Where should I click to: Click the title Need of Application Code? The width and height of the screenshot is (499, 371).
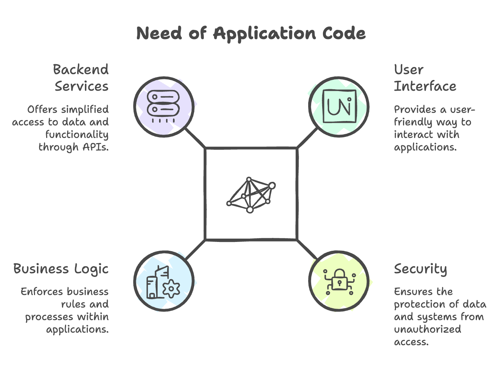(251, 34)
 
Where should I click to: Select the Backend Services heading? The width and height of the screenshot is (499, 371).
(81, 78)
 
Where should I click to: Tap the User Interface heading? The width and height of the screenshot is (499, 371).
(425, 78)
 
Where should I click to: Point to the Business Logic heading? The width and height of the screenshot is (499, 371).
(61, 269)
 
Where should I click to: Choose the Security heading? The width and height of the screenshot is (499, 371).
(420, 269)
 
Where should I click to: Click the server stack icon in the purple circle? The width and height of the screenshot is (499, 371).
(164, 106)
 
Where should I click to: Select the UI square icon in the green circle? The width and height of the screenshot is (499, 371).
(340, 106)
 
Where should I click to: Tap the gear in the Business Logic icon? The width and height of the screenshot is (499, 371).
(171, 289)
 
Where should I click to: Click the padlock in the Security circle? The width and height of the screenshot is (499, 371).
(340, 280)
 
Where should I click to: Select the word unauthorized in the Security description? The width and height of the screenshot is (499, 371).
(427, 330)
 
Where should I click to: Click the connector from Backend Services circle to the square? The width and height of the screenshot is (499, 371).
(195, 138)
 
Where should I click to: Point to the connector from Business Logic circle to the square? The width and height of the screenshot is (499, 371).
(195, 250)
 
